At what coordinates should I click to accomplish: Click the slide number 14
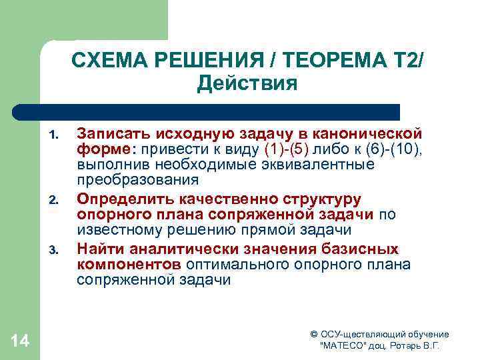coord(21,341)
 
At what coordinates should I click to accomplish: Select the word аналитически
coord(174,249)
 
